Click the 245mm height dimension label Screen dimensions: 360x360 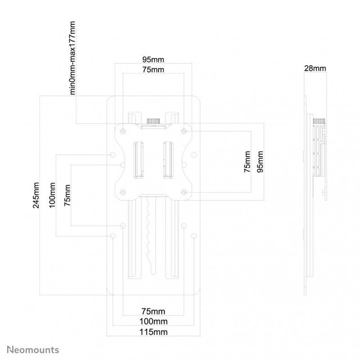[36, 195]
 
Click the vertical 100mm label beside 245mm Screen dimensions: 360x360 [53, 195]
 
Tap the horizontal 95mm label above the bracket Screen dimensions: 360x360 [153, 58]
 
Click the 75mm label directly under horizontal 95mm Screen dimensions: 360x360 [153, 69]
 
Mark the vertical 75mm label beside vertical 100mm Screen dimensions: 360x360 [67, 195]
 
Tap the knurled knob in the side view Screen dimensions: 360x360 [319, 122]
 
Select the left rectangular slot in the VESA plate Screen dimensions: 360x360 [138, 160]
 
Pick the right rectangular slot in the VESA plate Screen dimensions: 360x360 [168, 160]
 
